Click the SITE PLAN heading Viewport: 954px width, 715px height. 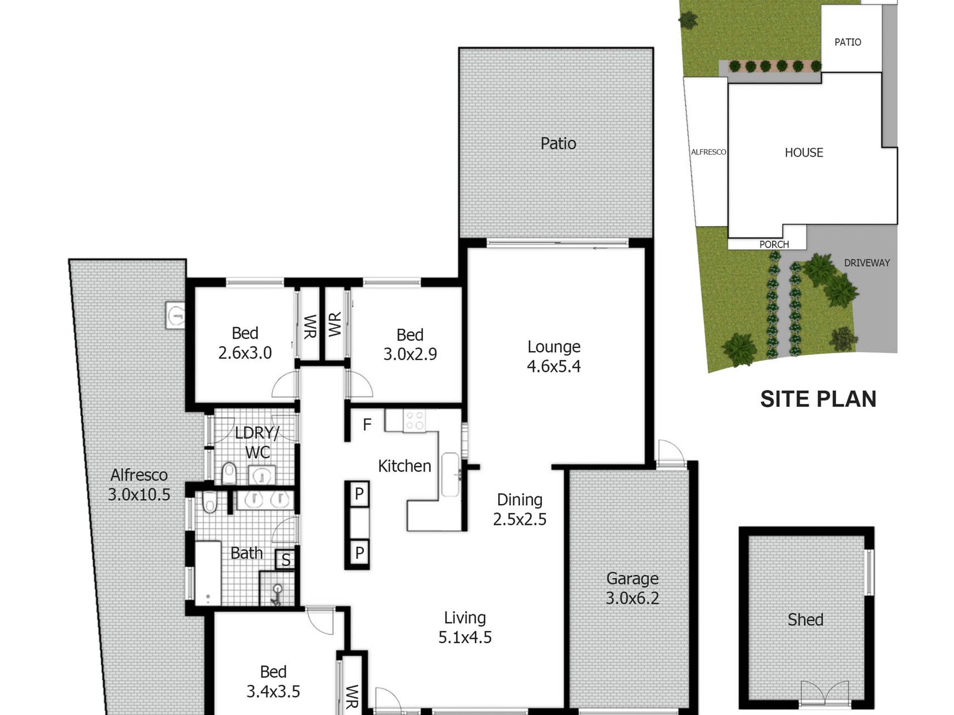coord(818,399)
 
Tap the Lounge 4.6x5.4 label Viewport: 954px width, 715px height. coord(554,356)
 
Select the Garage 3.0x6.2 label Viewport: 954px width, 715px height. coord(632,588)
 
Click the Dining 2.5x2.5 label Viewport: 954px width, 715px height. coord(520,509)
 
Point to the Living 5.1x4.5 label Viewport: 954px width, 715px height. coord(465,627)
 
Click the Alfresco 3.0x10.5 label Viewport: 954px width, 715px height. coord(139,484)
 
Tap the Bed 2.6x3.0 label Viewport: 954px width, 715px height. coord(245,343)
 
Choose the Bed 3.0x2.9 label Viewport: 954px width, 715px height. coord(410,344)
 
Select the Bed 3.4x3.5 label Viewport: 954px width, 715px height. coord(273,681)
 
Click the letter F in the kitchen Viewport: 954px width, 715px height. coord(367,424)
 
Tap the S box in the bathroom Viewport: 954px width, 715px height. coord(286,559)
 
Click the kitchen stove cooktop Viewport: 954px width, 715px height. coord(415,421)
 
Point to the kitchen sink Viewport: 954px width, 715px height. coord(450,475)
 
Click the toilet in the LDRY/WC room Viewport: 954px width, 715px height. coord(229,473)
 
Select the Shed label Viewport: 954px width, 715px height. coord(805,620)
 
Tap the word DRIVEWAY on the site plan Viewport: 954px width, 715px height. coord(867,263)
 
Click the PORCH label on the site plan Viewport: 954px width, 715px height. coord(774,244)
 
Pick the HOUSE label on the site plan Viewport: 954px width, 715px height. coord(804,153)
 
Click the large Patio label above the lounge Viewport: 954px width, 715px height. coord(558,144)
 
